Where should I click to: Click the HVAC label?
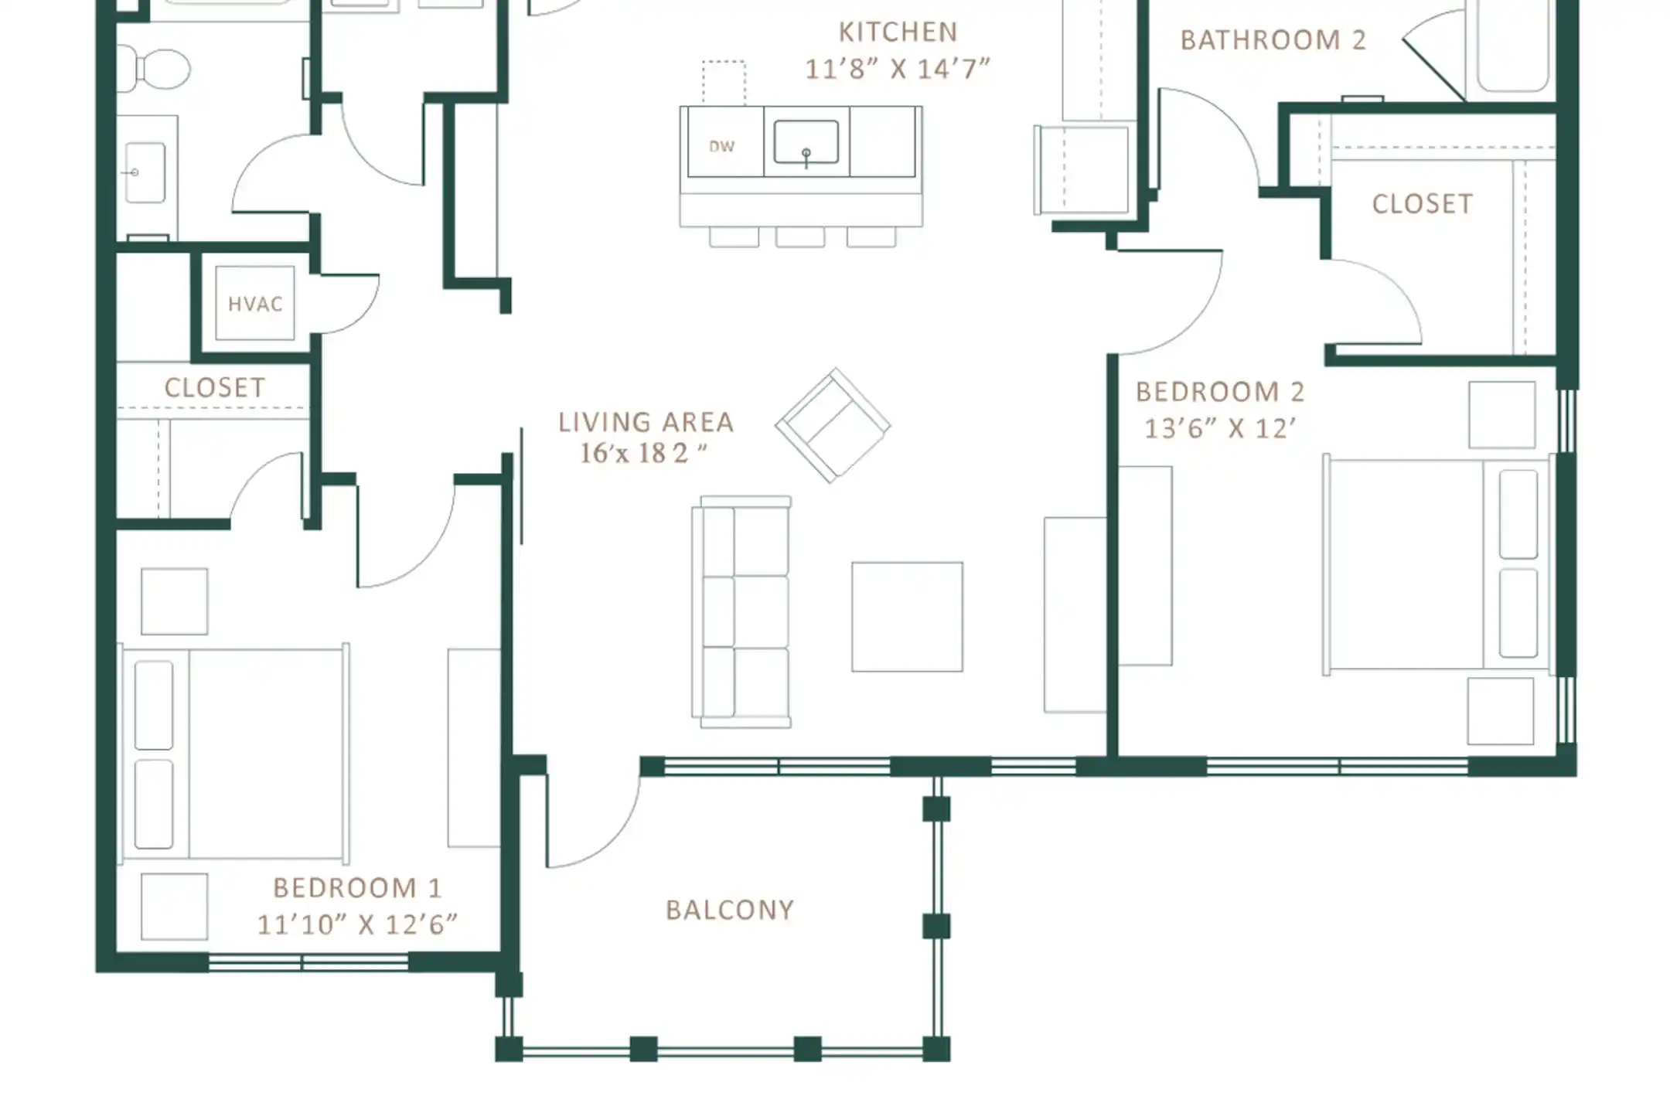click(x=255, y=304)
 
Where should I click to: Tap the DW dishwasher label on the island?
click(x=721, y=146)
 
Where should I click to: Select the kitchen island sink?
click(x=806, y=142)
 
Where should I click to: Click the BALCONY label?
click(x=730, y=910)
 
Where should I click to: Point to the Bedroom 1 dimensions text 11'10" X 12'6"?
click(x=357, y=924)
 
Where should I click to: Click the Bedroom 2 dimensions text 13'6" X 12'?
click(x=1219, y=428)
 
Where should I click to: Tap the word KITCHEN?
click(x=898, y=32)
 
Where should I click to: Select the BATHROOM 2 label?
click(x=1273, y=40)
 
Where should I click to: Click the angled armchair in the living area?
click(x=833, y=425)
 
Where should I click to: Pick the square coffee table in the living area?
click(x=907, y=617)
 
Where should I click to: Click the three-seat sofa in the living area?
click(x=741, y=612)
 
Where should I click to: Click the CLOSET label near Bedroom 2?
click(x=1423, y=204)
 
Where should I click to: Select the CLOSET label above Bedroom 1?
click(x=215, y=387)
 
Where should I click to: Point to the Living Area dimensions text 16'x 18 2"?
click(x=643, y=453)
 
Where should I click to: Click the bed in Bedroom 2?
click(x=1437, y=564)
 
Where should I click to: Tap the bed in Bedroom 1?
click(x=233, y=754)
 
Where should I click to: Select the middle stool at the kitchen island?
click(x=800, y=237)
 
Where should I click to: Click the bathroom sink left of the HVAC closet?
click(x=145, y=172)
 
